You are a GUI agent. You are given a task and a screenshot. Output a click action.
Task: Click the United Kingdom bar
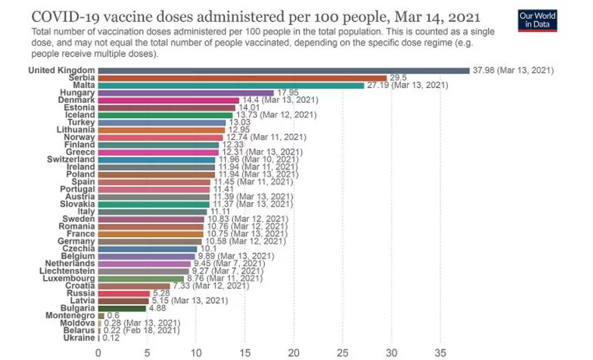(x=283, y=70)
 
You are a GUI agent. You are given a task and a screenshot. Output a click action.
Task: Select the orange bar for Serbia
(x=244, y=78)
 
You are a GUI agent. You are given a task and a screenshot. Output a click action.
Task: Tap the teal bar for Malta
(x=231, y=85)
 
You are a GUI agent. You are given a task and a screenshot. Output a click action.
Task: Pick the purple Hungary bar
(x=186, y=93)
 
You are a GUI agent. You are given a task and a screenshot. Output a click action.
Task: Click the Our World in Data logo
(x=537, y=21)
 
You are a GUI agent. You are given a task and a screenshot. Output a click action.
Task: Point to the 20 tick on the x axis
(x=293, y=352)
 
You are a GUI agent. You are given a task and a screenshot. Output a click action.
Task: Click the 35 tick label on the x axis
(x=440, y=352)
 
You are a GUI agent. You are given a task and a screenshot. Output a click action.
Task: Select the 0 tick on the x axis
(x=98, y=352)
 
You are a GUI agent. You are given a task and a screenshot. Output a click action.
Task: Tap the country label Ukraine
(x=78, y=338)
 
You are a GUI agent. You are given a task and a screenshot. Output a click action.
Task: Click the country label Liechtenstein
(x=67, y=271)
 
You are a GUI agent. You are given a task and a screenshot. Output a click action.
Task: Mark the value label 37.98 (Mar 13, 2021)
(x=513, y=70)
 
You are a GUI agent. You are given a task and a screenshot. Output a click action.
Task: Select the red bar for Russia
(x=123, y=293)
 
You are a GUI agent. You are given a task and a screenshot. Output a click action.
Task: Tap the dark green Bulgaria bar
(x=121, y=308)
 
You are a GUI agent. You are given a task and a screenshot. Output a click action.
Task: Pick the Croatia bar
(x=134, y=286)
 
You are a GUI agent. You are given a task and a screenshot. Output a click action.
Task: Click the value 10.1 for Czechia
(x=207, y=249)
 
